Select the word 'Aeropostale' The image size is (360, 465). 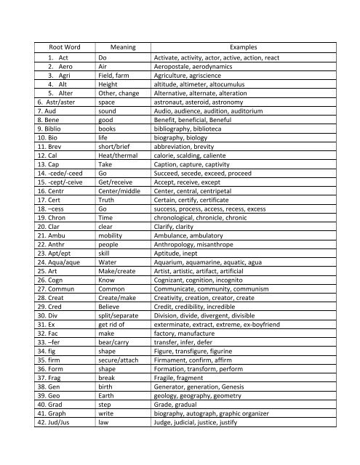point(172,65)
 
